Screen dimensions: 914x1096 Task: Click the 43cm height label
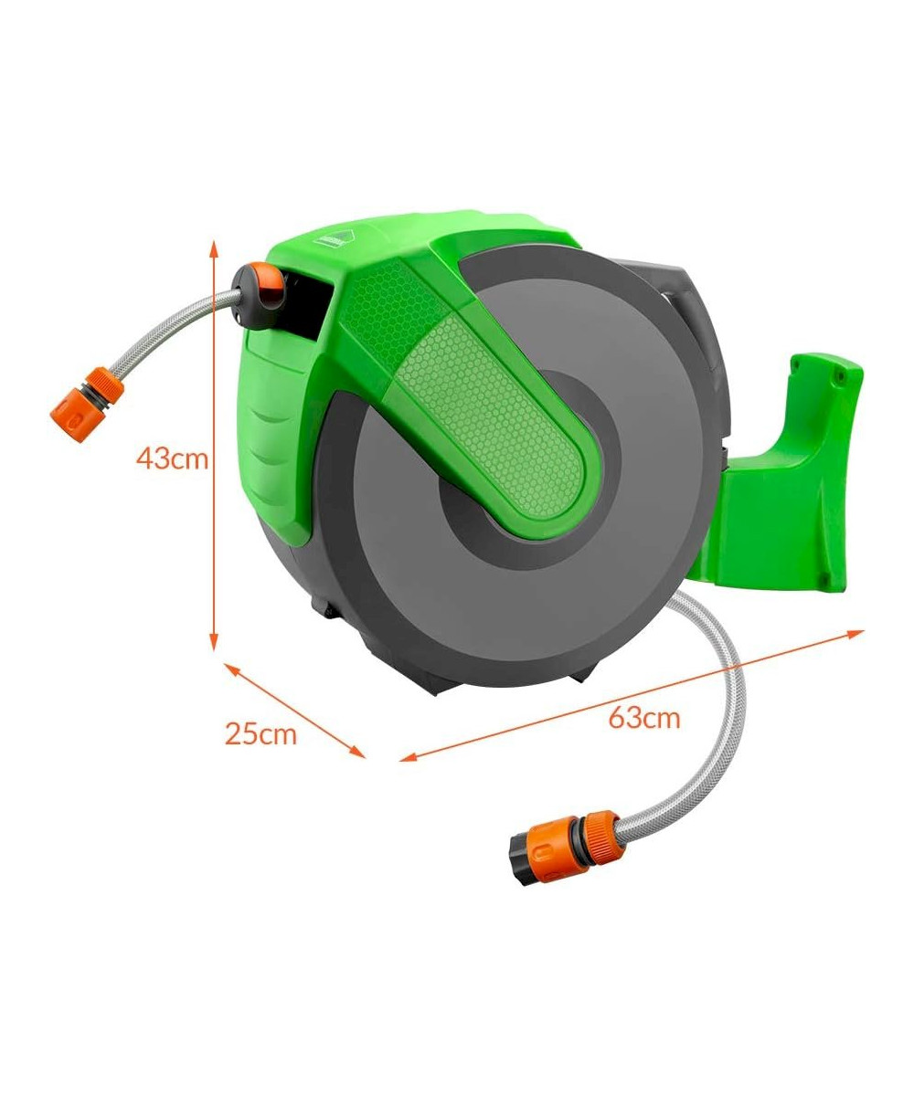172,458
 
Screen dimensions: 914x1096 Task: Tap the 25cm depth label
260,733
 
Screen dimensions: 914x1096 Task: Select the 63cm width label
644,718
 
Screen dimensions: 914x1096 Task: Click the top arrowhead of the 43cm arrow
213,250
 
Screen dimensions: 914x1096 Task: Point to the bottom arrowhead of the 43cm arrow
213,641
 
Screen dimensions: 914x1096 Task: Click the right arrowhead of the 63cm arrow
856,634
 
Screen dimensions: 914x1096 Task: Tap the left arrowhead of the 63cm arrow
409,757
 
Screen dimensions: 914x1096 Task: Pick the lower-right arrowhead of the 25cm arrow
357,753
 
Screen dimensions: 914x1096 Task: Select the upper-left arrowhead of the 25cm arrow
233,669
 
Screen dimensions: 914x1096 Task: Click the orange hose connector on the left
87,405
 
